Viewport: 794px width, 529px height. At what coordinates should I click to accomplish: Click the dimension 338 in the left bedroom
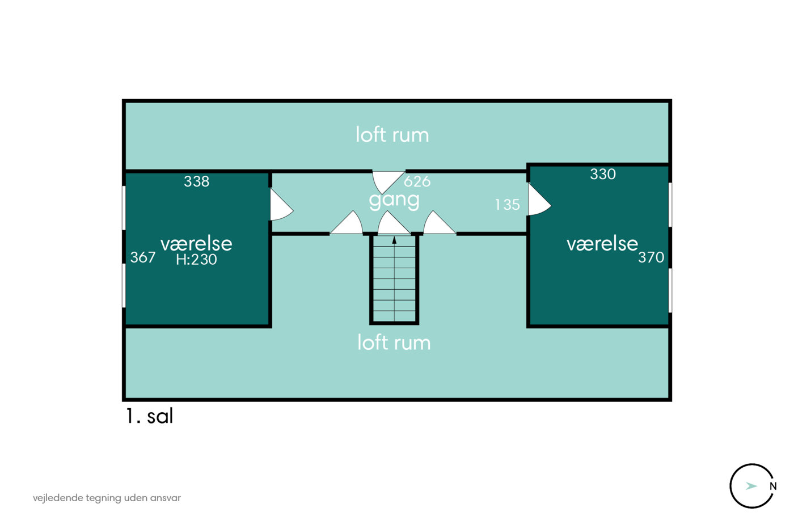coord(196,181)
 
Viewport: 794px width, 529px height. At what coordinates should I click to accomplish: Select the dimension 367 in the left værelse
coord(143,257)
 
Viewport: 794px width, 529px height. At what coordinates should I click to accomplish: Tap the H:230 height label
coord(196,260)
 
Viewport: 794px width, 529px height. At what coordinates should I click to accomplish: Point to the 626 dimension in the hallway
coord(417,181)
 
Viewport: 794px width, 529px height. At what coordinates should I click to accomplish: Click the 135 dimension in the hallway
coord(507,205)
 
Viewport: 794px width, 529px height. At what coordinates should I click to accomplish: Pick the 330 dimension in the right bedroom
coord(602,174)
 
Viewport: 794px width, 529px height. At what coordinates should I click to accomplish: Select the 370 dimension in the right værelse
coord(651,257)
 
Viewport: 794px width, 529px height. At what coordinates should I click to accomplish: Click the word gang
coord(394,200)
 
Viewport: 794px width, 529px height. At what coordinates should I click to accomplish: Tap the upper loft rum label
coord(392,135)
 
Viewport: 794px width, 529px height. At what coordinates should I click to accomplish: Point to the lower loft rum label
coord(394,342)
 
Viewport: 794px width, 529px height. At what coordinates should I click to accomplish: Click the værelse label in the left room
coord(196,243)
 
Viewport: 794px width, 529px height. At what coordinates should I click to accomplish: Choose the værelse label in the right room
coord(602,243)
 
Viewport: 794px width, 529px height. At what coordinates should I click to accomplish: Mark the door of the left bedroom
coord(280,206)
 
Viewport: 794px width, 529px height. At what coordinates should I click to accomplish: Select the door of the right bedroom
coord(538,200)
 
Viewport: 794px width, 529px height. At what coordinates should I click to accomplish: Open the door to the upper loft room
coord(386,180)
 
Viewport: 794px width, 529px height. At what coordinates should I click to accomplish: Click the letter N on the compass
coord(772,486)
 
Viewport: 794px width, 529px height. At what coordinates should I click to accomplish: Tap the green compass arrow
coord(751,486)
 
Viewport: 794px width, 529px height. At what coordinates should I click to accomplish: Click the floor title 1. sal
coord(149,416)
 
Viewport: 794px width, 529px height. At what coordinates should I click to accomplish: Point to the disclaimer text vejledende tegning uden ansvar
coord(107,498)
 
